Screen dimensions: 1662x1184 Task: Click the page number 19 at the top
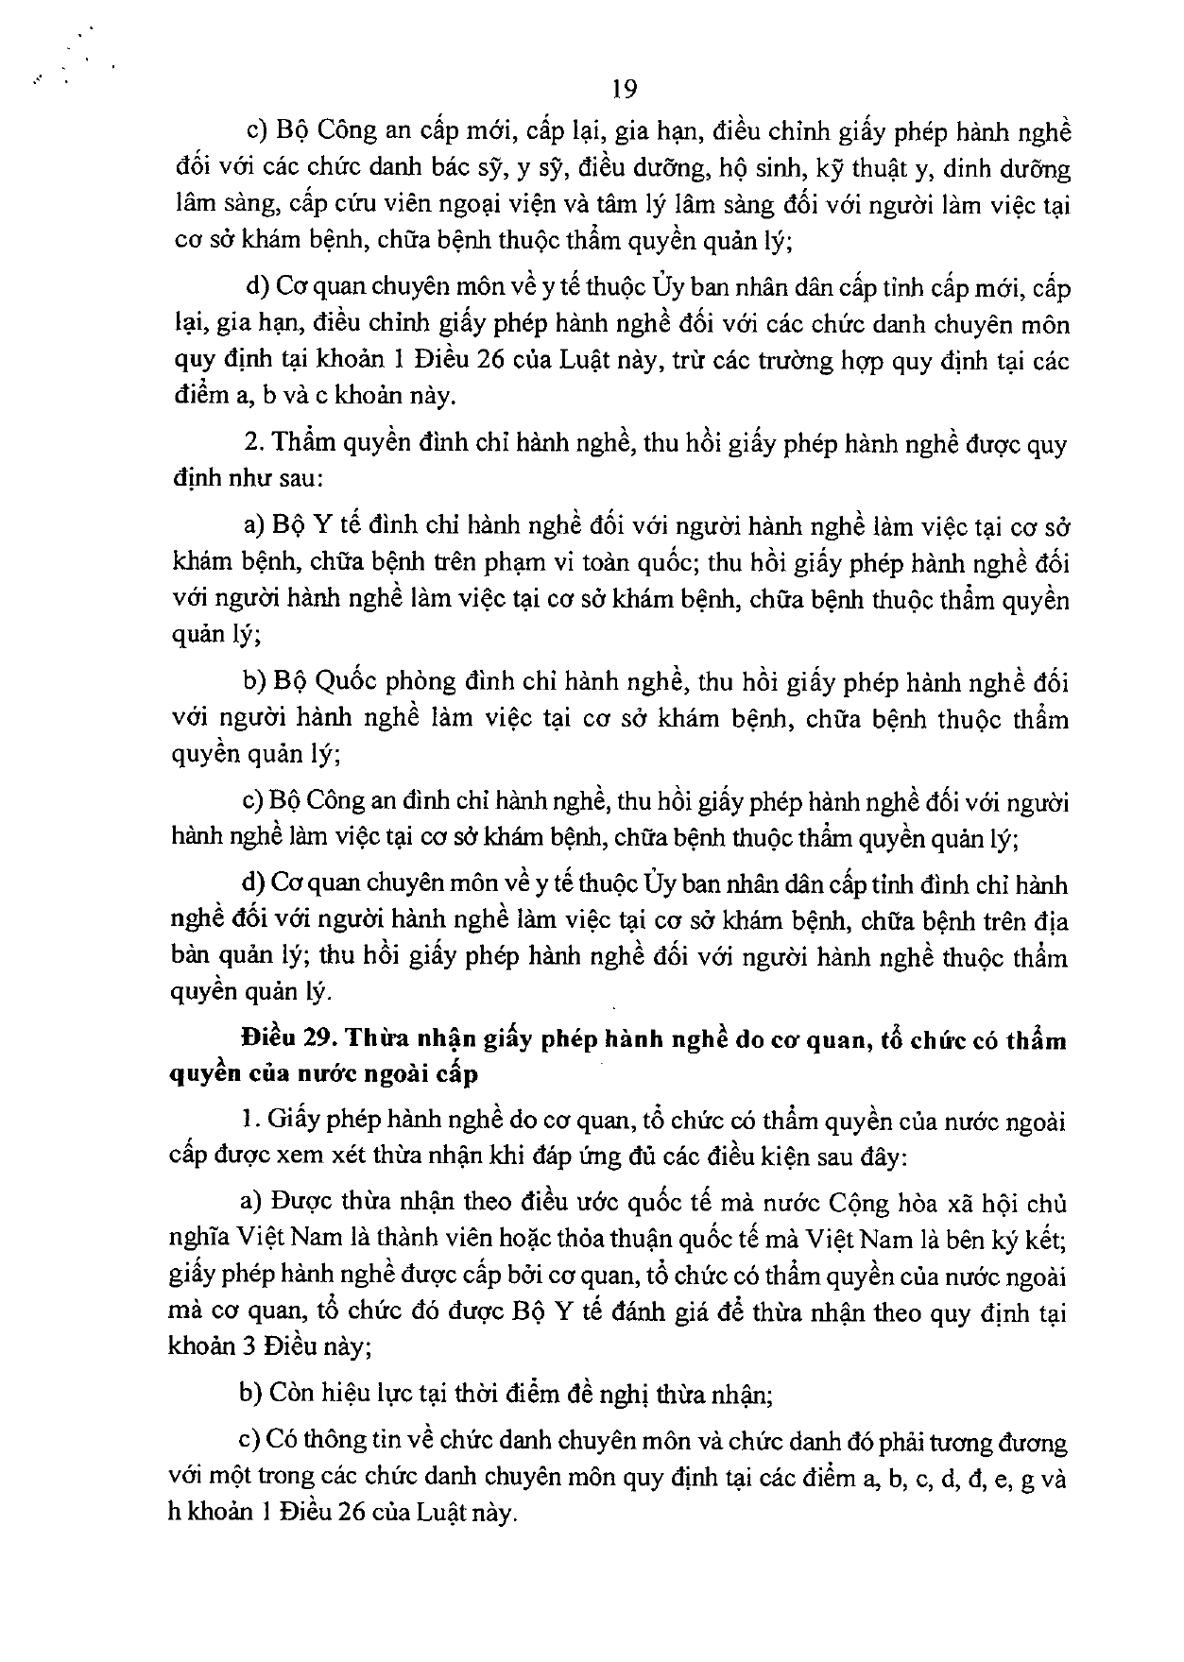click(x=625, y=90)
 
